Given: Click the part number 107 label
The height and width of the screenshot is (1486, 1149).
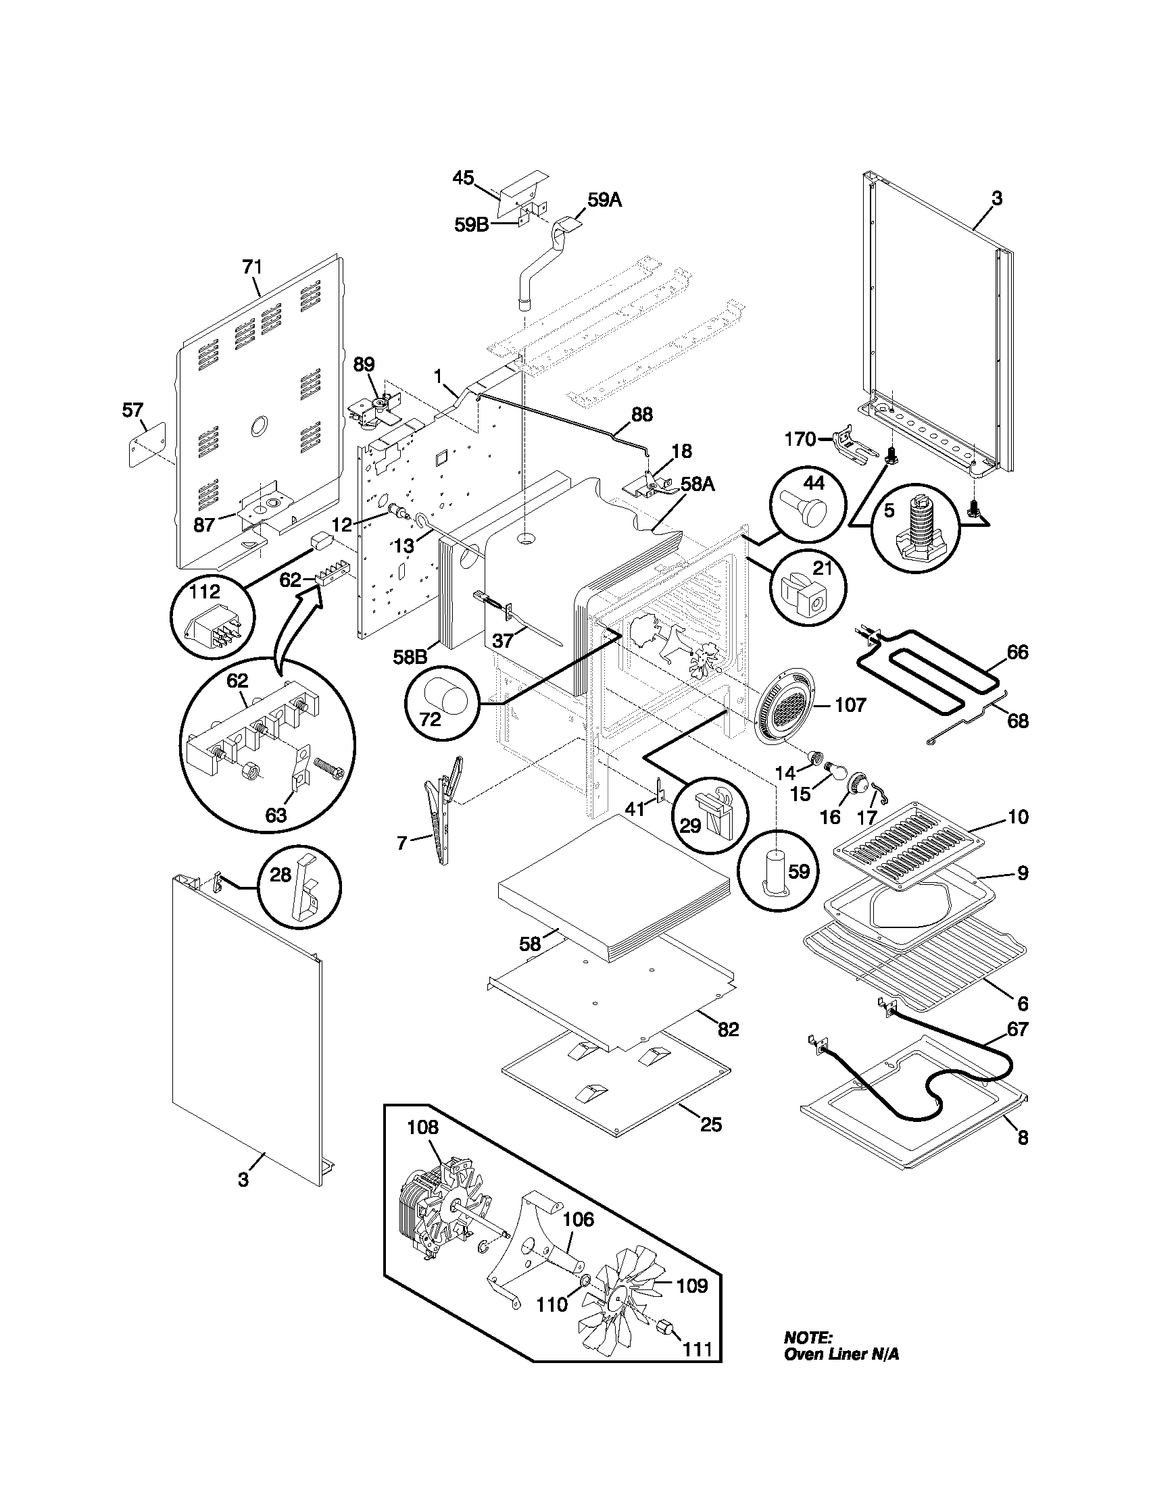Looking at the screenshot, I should point(851,705).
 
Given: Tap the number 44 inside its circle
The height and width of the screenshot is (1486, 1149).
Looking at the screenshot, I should point(813,483).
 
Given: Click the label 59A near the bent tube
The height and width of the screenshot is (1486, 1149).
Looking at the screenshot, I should point(604,200).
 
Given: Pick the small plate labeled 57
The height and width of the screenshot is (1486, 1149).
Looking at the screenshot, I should point(147,442).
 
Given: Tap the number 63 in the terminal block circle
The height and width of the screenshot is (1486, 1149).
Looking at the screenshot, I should point(276,815).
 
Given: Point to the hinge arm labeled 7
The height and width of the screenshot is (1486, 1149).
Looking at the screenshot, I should point(443,810).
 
